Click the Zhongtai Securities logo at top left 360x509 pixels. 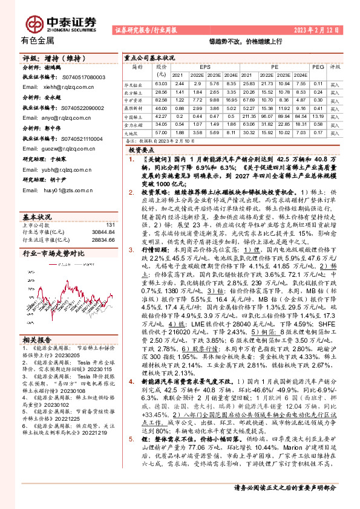point(60,22)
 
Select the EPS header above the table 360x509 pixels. point(206,66)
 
